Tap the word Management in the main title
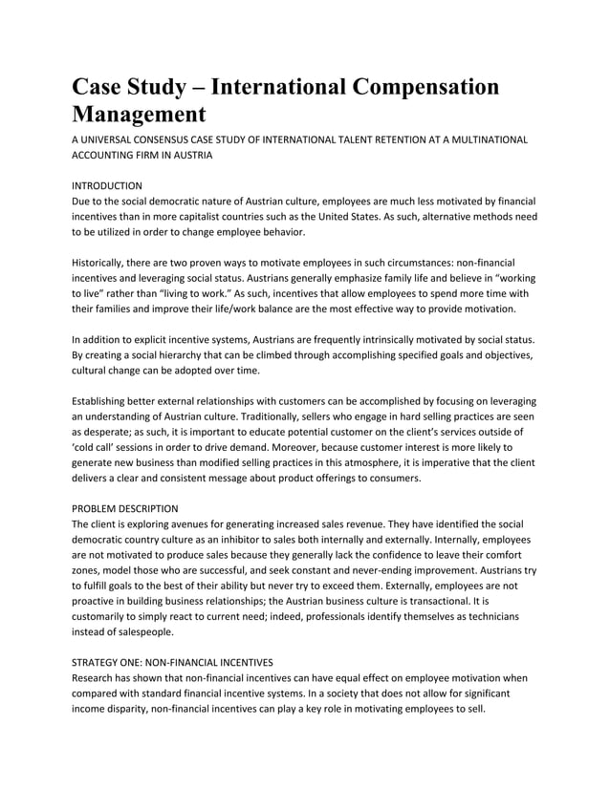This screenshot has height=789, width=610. click(x=140, y=116)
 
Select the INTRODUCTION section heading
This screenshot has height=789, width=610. click(x=108, y=184)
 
